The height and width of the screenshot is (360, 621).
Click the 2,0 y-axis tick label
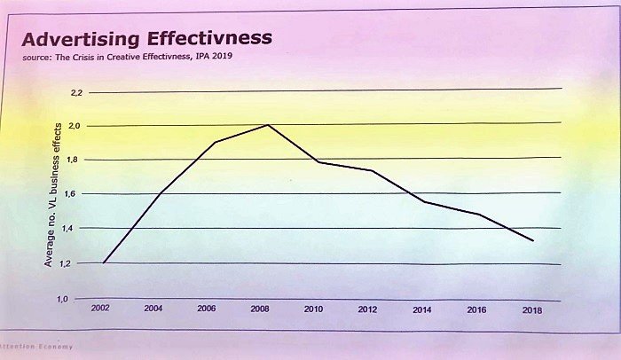(x=75, y=126)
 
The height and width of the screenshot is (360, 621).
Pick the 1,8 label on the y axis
(x=75, y=160)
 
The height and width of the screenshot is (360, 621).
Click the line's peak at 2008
(x=267, y=125)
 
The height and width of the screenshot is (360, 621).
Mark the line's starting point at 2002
(x=105, y=262)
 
